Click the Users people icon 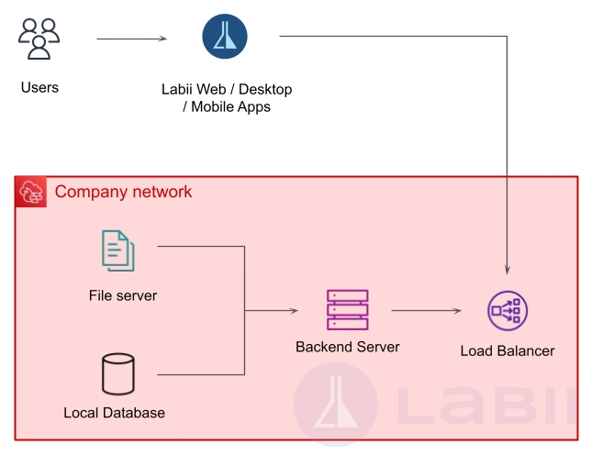coord(39,39)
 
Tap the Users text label coord(39,88)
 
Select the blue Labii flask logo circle coord(225,37)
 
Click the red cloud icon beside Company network coord(31,192)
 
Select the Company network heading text coord(124,192)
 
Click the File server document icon coord(118,250)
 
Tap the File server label coord(123,295)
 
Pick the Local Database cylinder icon coord(117,374)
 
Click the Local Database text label coord(115,413)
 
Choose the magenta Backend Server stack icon coord(347,310)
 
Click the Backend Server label coord(348,348)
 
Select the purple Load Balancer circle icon coord(507,311)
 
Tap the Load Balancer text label coord(507,351)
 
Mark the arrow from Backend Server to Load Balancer coord(426,311)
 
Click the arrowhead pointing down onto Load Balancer coord(507,270)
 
